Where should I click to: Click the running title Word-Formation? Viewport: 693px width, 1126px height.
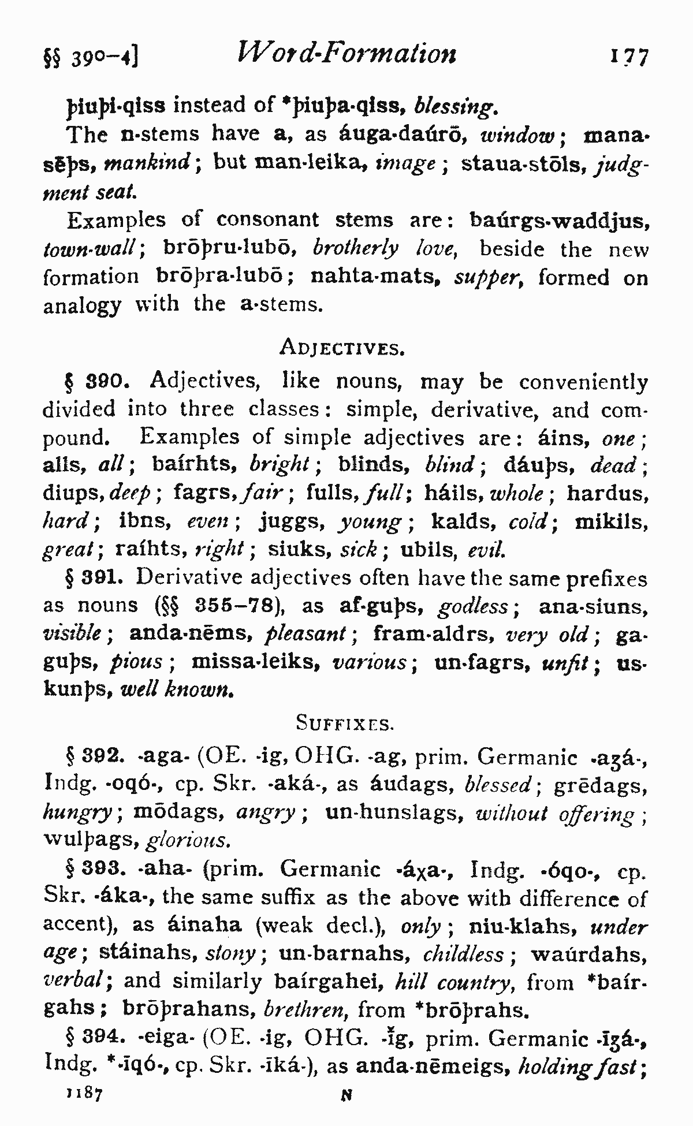point(346,54)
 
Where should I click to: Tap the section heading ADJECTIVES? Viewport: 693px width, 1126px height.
point(340,347)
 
